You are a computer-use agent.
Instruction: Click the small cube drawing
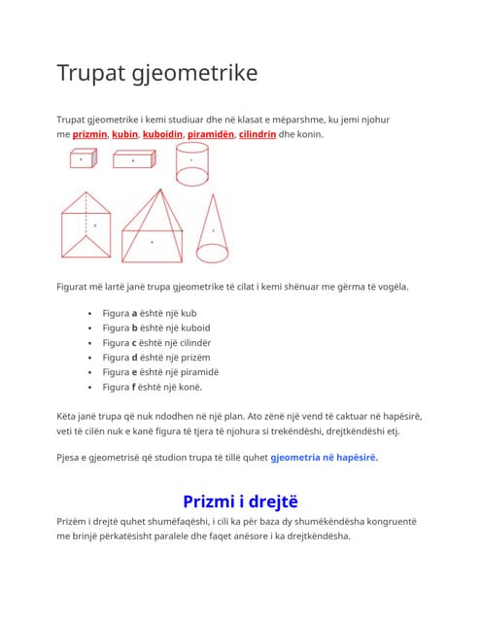[82, 159]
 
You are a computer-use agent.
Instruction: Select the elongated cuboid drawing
[133, 159]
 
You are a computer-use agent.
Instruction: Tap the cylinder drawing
[190, 163]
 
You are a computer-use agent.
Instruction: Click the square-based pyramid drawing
[153, 228]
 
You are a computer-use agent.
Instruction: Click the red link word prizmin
[90, 134]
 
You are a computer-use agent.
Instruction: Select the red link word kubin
[124, 134]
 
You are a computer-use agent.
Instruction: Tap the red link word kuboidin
[162, 134]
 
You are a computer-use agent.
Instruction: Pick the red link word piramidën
[211, 134]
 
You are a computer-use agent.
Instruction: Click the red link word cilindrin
[258, 134]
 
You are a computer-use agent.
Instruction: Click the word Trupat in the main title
[92, 73]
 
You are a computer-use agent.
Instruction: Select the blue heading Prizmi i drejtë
[240, 501]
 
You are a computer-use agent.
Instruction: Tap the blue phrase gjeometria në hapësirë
[324, 458]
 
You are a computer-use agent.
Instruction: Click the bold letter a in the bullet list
[135, 314]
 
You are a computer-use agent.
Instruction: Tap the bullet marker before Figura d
[89, 358]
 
